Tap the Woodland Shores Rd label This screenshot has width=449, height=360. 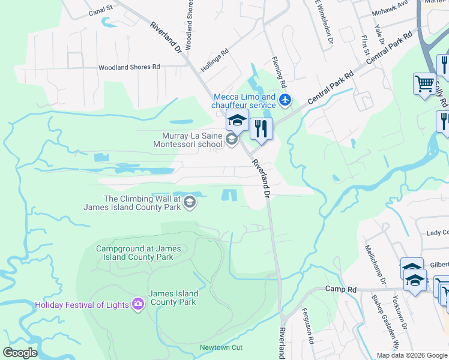pos(129,67)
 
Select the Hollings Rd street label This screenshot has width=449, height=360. pos(215,61)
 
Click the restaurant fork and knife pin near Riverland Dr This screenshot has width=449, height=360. pos(261,128)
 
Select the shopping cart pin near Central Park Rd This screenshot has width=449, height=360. pos(424,83)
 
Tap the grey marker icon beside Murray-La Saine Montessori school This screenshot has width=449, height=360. pos(231,140)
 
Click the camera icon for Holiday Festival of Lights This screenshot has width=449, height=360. pos(138,305)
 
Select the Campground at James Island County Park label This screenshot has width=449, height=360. pos(135,253)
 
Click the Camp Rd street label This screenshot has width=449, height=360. pos(341,289)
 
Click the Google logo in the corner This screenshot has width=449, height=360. pos(20,353)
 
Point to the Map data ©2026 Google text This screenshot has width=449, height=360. pos(412,355)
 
